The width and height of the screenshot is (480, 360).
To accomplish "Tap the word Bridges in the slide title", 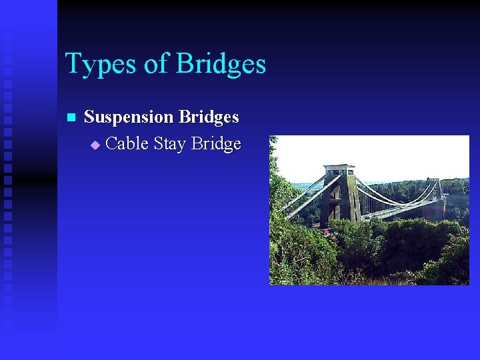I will pyautogui.click(x=220, y=65).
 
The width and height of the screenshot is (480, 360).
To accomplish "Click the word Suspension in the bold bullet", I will pyautogui.click(x=129, y=117).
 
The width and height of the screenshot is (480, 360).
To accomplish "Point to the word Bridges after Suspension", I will pyautogui.click(x=208, y=117).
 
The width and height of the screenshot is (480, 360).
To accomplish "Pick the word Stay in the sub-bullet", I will pyautogui.click(x=169, y=144).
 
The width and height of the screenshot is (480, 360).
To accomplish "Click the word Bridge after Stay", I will pyautogui.click(x=216, y=144).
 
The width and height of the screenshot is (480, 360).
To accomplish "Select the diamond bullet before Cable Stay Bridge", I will pyautogui.click(x=95, y=145).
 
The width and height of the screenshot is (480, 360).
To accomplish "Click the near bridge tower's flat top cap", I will pyautogui.click(x=339, y=167).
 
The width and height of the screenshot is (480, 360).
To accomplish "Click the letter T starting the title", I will pyautogui.click(x=73, y=65).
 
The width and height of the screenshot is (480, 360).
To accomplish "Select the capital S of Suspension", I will pyautogui.click(x=89, y=117).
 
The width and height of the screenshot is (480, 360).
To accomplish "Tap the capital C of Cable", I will pyautogui.click(x=112, y=144).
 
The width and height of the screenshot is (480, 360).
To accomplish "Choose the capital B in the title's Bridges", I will pyautogui.click(x=184, y=65).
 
